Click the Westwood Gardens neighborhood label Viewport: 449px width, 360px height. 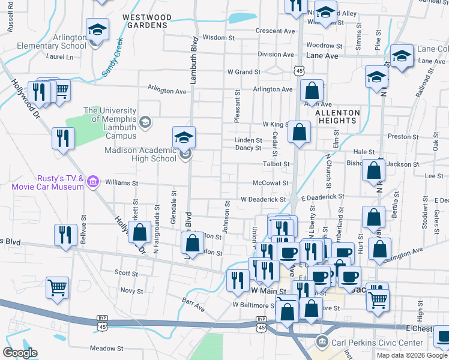(x=145, y=21)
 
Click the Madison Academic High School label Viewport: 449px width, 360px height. (x=139, y=154)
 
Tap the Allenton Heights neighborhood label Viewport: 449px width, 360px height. (x=337, y=116)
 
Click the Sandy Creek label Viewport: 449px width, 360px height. (x=112, y=58)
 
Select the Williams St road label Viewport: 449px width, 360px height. (x=121, y=183)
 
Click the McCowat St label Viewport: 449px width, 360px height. (x=271, y=183)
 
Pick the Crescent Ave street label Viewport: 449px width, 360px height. (x=275, y=31)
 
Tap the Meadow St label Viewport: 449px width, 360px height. (x=106, y=348)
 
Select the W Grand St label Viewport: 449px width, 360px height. (x=243, y=71)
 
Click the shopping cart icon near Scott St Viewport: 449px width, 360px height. (x=57, y=287)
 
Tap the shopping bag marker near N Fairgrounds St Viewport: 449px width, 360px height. (x=140, y=233)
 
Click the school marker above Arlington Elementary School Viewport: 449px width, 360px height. (x=96, y=29)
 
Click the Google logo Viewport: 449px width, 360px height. (x=20, y=353)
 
